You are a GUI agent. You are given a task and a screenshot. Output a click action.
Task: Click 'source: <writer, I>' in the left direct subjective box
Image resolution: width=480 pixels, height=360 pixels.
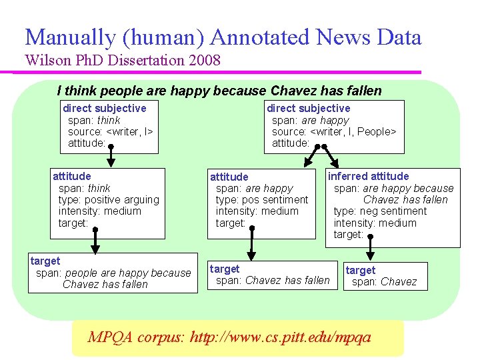111,131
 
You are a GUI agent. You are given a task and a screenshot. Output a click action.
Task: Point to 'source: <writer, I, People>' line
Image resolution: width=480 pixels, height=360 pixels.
334,131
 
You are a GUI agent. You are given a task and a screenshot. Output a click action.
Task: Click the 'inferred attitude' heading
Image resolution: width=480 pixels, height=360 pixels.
368,176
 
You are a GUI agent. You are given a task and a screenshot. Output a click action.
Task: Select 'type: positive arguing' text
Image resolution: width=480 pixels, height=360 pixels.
109,199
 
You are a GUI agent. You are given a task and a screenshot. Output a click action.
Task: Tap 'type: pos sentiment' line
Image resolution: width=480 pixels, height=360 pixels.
262,199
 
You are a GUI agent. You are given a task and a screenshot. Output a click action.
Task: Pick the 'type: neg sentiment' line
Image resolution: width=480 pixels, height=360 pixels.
380,211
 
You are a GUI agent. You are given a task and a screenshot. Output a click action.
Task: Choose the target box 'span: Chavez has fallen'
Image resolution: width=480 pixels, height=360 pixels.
271,275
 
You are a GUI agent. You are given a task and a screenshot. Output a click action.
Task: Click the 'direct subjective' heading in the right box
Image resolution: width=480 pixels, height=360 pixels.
308,108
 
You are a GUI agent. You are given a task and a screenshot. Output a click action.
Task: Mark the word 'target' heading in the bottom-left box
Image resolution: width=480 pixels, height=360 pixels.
45,261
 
